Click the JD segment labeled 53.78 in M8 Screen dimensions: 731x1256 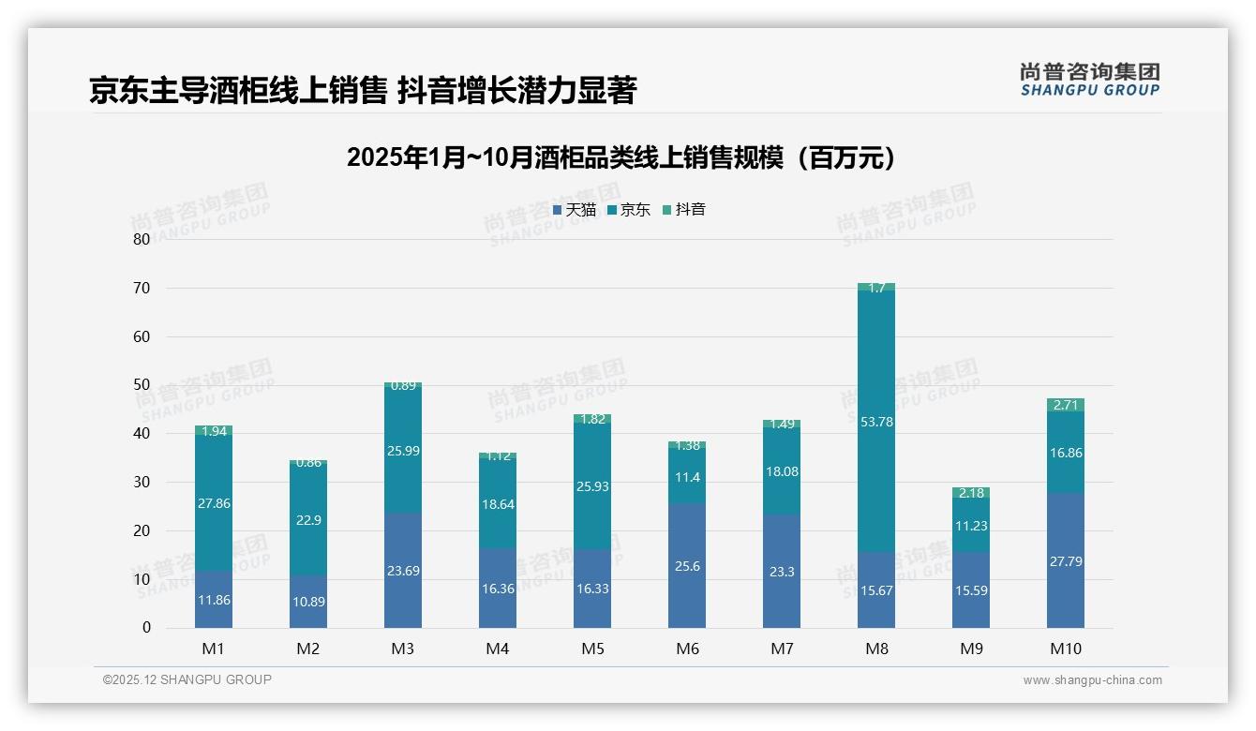click(876, 422)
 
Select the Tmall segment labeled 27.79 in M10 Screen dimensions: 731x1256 click(1066, 560)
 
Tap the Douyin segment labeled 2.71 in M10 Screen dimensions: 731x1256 click(1066, 405)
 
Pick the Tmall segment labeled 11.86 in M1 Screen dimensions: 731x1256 click(214, 600)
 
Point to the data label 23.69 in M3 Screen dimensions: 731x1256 click(403, 571)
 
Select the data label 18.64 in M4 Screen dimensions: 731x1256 click(498, 504)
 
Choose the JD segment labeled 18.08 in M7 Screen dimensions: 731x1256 click(782, 471)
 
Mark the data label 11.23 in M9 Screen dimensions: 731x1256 click(971, 526)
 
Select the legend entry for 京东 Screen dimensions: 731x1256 click(629, 210)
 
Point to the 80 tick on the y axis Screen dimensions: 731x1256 click(141, 239)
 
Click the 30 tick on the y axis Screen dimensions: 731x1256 click(141, 482)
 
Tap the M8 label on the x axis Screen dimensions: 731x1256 click(876, 649)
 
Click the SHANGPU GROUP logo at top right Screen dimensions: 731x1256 click(1089, 79)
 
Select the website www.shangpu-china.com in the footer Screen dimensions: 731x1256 click(1092, 680)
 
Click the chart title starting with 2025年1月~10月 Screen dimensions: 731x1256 click(621, 157)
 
